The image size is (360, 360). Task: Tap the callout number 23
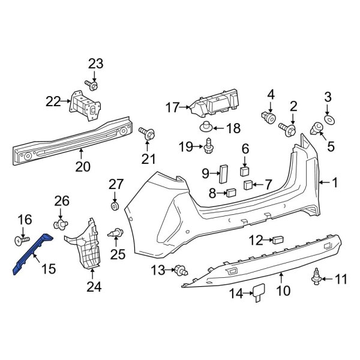click(95, 64)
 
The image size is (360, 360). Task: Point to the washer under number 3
click(328, 121)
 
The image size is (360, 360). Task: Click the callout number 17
click(172, 108)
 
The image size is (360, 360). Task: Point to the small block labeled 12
click(278, 240)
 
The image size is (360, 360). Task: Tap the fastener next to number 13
click(179, 270)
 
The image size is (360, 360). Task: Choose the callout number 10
click(283, 291)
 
